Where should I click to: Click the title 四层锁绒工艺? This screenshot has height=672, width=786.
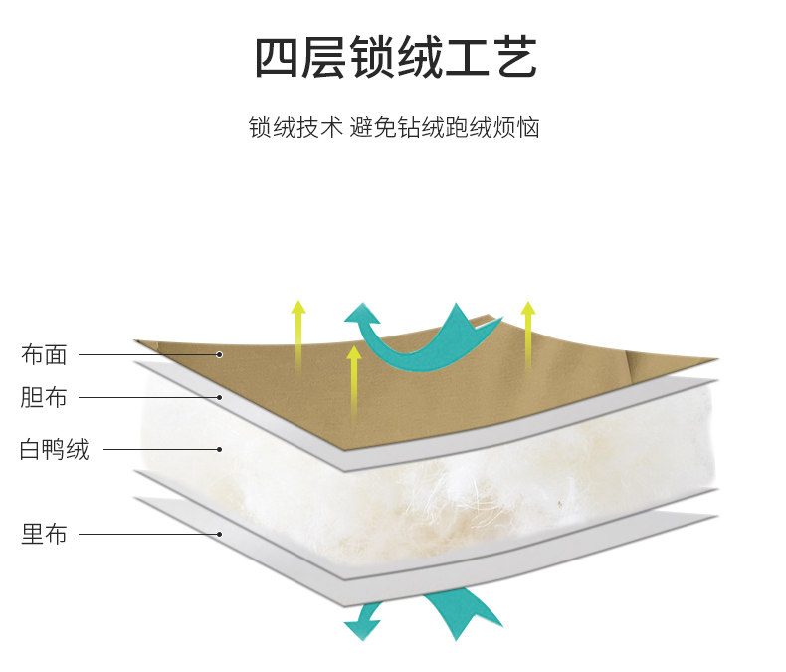pos(395,58)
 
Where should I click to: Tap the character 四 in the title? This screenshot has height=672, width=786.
pos(276,58)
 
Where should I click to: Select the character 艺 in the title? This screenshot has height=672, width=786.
pos(513,58)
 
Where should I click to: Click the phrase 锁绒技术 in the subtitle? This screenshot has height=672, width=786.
pos(295,128)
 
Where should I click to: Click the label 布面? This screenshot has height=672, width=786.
pos(44,354)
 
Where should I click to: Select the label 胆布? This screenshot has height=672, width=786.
pos(44,398)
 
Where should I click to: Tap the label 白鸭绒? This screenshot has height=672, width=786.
pos(55,449)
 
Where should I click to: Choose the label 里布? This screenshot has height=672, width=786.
pos(44,534)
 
